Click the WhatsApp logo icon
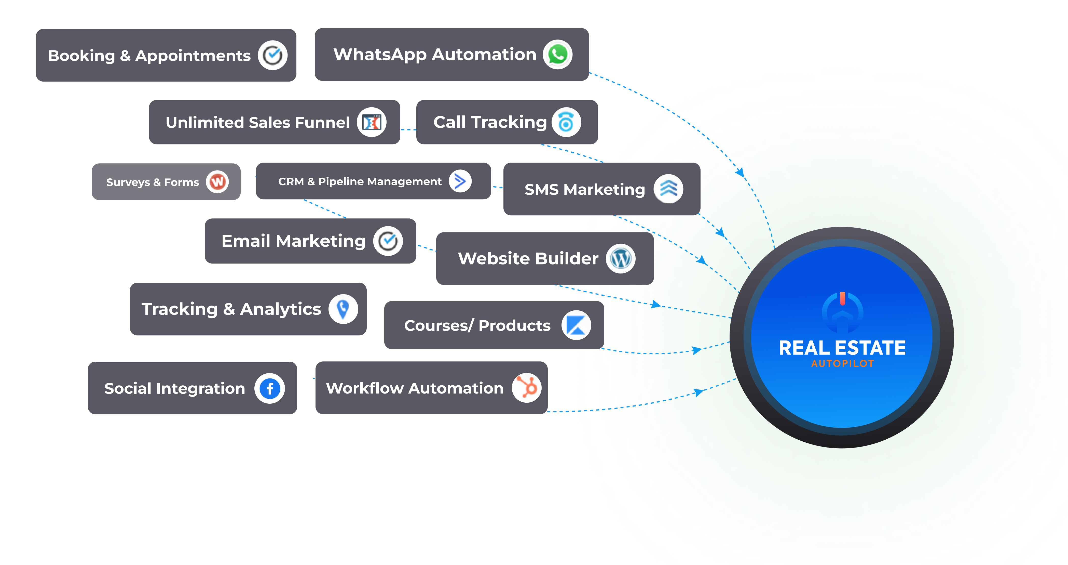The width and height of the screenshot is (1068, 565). tap(558, 54)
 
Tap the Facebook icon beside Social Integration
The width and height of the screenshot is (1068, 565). tap(269, 388)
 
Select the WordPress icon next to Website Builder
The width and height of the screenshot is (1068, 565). tap(621, 258)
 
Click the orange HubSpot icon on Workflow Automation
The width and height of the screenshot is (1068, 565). tap(527, 388)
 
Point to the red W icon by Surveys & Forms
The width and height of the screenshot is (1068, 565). tap(217, 182)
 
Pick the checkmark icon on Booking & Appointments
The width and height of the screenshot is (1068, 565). tap(272, 55)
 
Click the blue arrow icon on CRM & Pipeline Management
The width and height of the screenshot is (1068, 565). tap(460, 181)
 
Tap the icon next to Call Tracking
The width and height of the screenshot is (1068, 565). tap(566, 122)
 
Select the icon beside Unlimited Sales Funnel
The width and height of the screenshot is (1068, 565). tap(372, 122)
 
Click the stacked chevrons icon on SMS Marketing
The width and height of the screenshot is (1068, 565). tap(668, 189)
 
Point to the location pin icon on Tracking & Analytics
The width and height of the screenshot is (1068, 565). tap(343, 309)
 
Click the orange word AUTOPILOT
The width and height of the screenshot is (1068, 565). tap(842, 364)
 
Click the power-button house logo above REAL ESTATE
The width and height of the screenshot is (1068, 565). tap(842, 312)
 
